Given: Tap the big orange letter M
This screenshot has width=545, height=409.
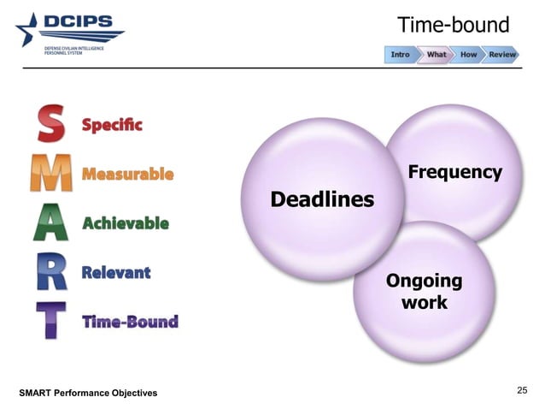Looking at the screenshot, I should (50, 175).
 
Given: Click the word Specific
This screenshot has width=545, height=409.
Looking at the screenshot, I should (112, 125).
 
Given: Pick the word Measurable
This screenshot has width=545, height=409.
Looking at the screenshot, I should (127, 175).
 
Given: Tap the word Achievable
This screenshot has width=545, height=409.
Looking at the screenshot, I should (126, 223).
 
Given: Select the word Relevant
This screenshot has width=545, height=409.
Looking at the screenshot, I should (116, 273).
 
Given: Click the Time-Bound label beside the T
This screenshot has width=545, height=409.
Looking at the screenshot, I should (130, 322).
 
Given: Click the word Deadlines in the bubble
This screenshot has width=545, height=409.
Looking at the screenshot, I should (322, 200).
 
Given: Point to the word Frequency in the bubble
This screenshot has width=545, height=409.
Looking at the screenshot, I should (454, 172).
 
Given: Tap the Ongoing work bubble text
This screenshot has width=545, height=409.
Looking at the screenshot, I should (425, 292).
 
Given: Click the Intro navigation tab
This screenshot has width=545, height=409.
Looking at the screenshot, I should (400, 55).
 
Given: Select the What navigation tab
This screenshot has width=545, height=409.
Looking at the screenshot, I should (436, 55).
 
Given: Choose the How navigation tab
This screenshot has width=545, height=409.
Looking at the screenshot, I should (468, 55).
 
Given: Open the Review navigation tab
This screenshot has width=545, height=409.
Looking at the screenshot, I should (502, 55).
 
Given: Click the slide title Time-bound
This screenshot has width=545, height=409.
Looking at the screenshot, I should (454, 25).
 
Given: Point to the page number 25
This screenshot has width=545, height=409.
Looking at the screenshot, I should (523, 391).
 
